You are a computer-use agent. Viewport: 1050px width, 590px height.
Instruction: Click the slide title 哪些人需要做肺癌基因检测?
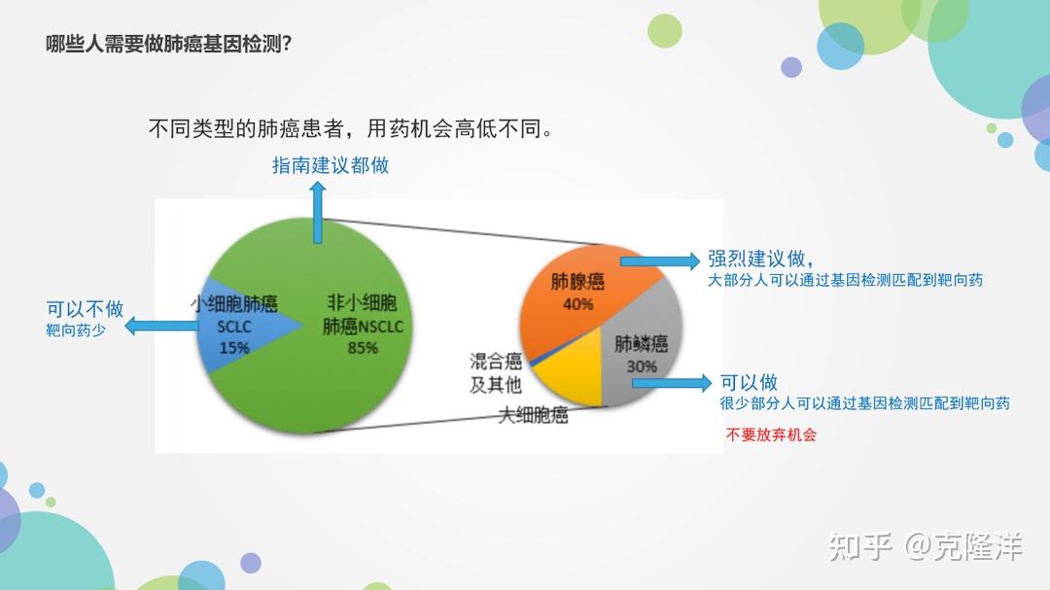point(169,44)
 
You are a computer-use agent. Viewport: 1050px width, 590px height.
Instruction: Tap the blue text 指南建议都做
point(331,165)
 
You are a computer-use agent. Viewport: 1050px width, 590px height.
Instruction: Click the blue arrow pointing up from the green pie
point(318,212)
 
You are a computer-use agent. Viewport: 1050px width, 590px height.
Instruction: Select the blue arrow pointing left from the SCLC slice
point(161,327)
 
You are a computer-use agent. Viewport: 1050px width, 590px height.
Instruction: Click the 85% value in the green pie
point(363,348)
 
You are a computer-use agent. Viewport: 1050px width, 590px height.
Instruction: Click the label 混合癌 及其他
point(496,373)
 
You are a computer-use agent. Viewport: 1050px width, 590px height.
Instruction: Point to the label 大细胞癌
point(533,415)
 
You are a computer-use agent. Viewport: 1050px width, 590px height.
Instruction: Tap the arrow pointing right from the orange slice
point(659,260)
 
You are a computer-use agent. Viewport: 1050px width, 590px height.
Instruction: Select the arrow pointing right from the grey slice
point(672,383)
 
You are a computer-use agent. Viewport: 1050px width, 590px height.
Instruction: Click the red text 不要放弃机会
point(771,434)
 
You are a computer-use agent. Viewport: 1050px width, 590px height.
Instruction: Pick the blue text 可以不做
point(85,309)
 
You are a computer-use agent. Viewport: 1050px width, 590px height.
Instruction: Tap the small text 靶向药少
point(76,330)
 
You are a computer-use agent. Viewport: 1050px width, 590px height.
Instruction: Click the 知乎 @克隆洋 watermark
point(926,546)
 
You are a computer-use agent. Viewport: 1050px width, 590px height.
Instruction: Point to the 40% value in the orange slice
point(577,304)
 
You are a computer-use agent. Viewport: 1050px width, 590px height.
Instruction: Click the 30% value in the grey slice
point(642,367)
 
